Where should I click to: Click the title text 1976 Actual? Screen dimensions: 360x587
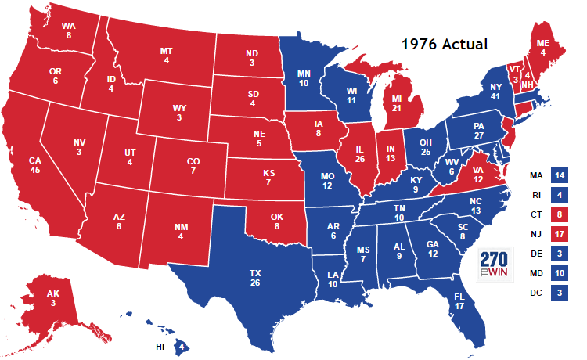click(x=444, y=45)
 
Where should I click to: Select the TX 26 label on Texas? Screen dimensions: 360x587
click(x=255, y=278)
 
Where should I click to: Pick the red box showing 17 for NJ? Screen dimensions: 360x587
click(x=560, y=233)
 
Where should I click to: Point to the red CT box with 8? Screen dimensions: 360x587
click(x=560, y=214)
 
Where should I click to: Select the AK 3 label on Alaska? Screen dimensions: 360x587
click(x=52, y=299)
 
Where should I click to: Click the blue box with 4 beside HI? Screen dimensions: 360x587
click(x=181, y=344)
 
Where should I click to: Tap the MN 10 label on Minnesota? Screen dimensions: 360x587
click(x=304, y=79)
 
